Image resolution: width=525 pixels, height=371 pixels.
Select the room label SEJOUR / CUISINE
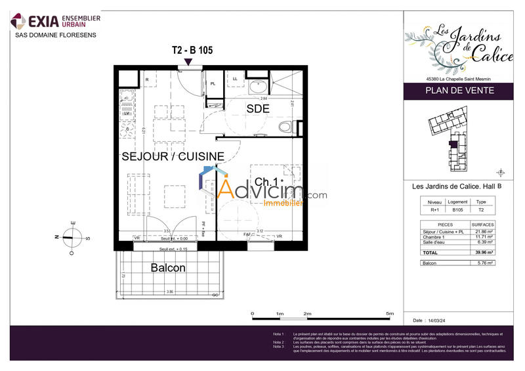(x=173, y=156)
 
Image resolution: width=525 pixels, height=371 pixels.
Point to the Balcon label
(x=168, y=268)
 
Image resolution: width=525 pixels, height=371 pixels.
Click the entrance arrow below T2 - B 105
(x=189, y=62)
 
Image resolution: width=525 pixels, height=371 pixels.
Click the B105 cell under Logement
(x=457, y=210)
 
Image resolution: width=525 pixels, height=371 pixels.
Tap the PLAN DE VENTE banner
(x=457, y=91)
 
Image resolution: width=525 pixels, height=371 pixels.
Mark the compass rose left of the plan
(x=73, y=237)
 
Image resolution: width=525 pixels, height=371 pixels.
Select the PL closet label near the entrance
(x=213, y=83)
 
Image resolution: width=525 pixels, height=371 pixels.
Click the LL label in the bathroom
(x=235, y=79)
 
